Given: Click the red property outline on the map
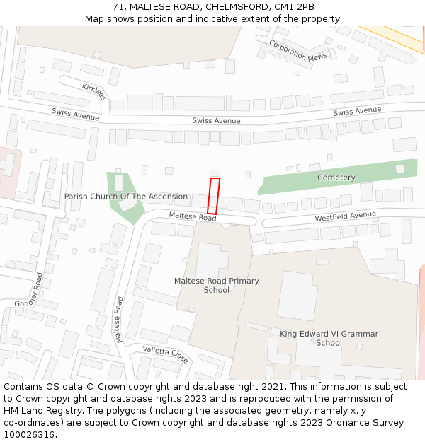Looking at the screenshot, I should click(x=213, y=196).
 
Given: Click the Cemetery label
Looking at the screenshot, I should click(x=336, y=177).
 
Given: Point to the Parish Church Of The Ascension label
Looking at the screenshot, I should click(x=126, y=197).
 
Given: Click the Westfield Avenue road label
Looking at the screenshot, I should click(x=346, y=216).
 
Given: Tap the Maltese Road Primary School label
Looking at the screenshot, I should click(x=217, y=285).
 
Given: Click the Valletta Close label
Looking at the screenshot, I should click(x=165, y=354).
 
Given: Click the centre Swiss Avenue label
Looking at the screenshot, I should click(x=216, y=120).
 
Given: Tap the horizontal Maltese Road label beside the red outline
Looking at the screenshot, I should click(x=192, y=217).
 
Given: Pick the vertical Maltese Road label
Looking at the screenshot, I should click(x=119, y=319).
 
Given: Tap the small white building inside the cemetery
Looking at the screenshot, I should click(x=400, y=169).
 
